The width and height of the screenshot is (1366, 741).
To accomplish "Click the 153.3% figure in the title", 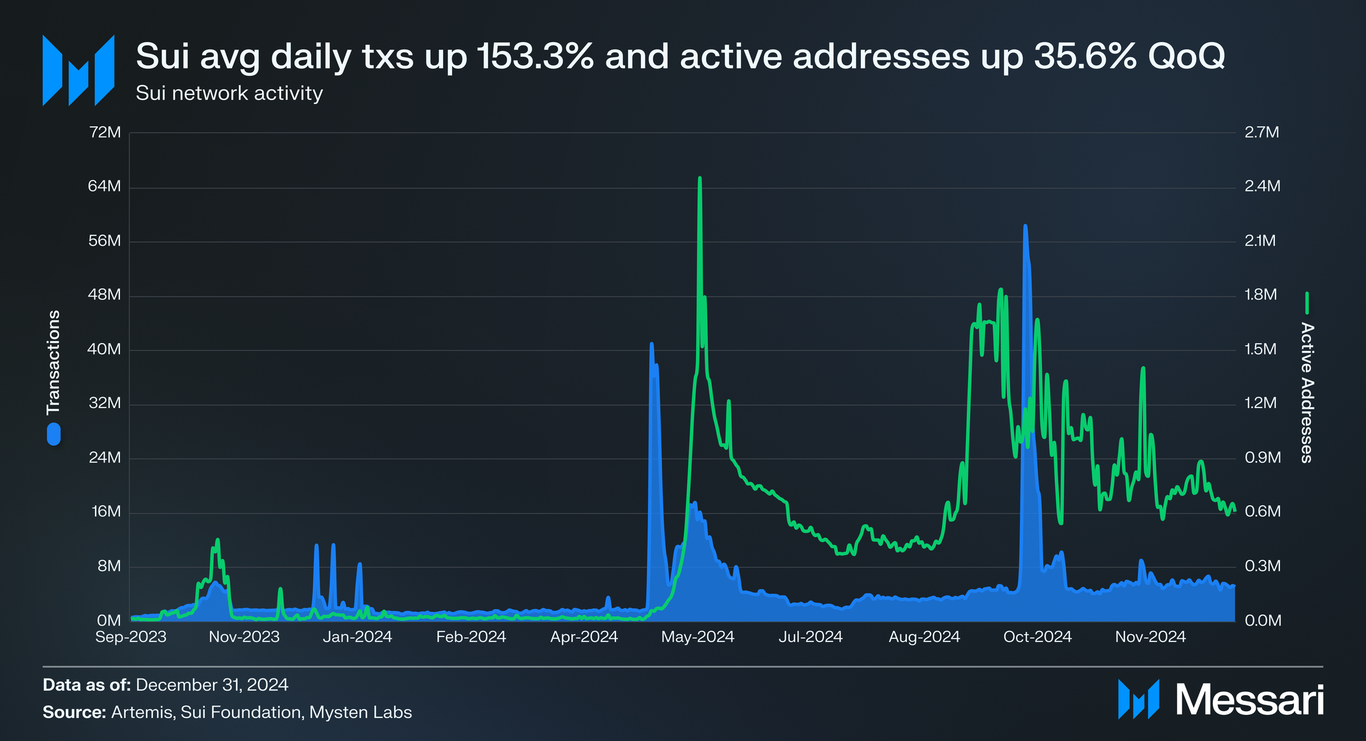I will [534, 57].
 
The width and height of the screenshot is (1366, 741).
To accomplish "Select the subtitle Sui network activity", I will [229, 93].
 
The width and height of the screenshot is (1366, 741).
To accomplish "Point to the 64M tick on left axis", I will [105, 186].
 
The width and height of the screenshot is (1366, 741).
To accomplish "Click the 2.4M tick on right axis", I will [1262, 186].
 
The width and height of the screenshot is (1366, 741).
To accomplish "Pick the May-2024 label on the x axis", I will [698, 636].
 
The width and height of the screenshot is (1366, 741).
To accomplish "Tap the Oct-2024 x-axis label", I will [1038, 636].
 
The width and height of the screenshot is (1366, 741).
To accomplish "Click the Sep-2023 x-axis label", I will [131, 636].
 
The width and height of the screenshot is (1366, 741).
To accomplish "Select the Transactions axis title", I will [54, 362].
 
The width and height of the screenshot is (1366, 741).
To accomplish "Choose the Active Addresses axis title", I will [1307, 392].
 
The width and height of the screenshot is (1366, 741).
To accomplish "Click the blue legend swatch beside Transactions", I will [54, 434].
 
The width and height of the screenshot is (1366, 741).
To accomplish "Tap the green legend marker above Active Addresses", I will [1307, 303].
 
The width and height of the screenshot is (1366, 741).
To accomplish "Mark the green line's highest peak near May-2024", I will [700, 179].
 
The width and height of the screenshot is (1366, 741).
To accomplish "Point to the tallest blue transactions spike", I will [1025, 227].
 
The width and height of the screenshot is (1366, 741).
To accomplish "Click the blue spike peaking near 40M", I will [651, 345].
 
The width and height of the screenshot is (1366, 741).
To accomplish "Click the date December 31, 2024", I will [212, 685].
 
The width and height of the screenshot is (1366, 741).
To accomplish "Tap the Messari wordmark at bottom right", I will [1249, 700].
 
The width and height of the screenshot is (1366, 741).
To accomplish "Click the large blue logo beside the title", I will [78, 70].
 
